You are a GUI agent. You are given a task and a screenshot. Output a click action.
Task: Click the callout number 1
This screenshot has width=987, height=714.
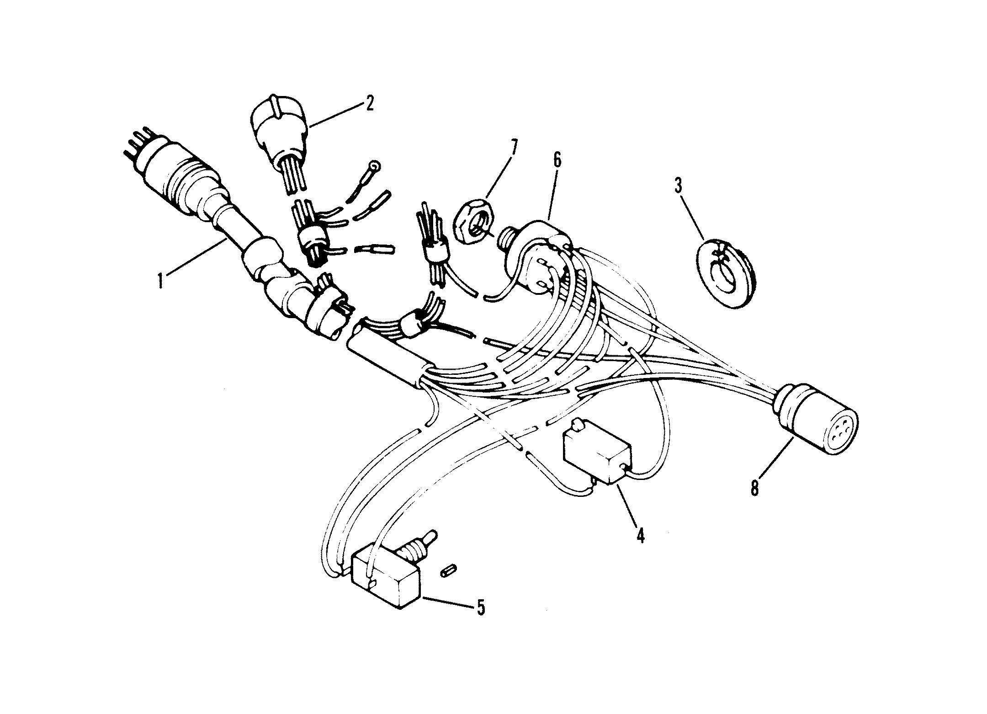click(160, 280)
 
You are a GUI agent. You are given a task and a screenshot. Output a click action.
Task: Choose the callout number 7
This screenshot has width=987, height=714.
click(514, 149)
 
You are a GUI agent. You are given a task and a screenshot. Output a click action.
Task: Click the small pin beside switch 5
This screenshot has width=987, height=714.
click(448, 571)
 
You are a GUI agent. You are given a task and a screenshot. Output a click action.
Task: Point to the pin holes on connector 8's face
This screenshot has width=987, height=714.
click(839, 429)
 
